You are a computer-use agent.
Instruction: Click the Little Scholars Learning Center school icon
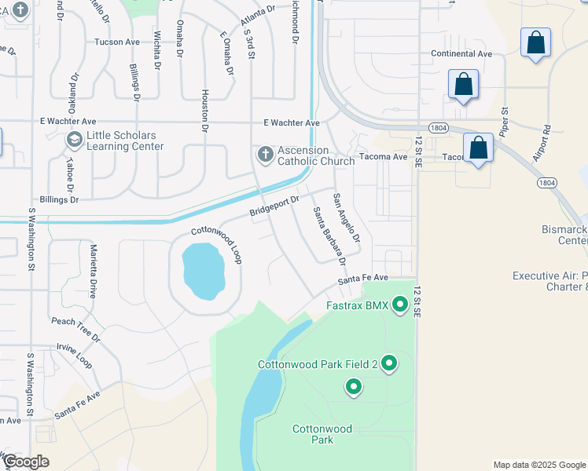74,141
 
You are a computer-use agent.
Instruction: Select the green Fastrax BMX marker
400,305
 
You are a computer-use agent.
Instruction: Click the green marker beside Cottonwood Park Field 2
388,363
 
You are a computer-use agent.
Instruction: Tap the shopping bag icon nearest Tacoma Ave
478,148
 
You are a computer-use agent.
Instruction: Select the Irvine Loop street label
75,355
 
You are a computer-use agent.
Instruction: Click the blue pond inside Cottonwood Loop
204,271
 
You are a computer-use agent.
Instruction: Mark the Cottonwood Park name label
323,434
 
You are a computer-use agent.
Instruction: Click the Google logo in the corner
25,462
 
